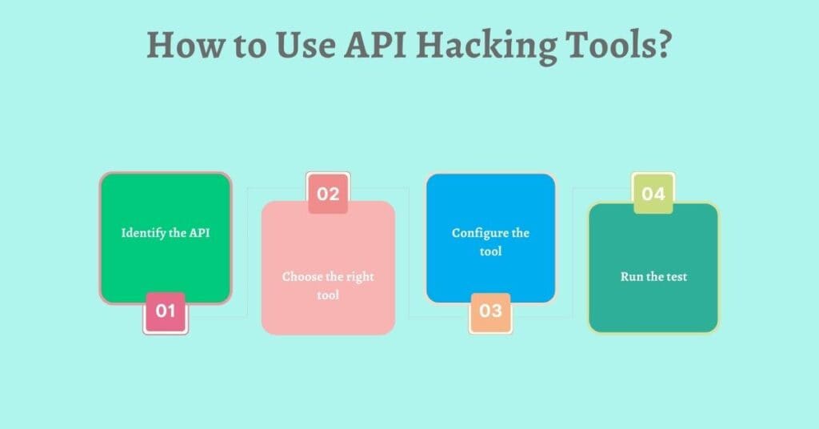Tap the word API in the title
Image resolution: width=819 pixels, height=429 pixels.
click(x=374, y=45)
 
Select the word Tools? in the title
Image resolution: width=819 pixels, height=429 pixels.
click(x=618, y=44)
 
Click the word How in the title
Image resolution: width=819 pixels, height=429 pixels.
click(x=185, y=45)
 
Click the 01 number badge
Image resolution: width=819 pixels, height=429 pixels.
click(x=166, y=312)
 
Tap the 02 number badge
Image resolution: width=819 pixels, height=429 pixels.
click(x=328, y=194)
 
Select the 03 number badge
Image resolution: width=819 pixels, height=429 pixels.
click(x=490, y=312)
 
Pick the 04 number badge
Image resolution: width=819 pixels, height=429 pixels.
click(x=653, y=194)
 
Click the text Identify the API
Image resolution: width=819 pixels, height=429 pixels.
click(x=166, y=233)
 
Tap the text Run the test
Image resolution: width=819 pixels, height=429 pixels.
click(x=654, y=276)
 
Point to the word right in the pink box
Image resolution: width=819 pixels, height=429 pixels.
click(x=360, y=278)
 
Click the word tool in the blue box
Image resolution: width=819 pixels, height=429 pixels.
click(x=491, y=251)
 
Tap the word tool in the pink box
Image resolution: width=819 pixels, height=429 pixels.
click(x=328, y=295)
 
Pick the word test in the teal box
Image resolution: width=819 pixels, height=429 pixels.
click(x=677, y=277)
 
